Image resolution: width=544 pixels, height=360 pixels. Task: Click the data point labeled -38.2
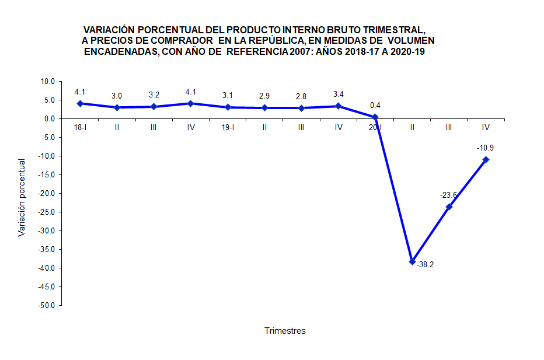coord(412,261)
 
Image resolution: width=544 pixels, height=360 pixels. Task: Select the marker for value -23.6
coord(449,207)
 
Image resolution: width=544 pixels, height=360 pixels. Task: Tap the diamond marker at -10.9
coord(486,159)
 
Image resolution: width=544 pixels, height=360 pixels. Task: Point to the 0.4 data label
coord(375,106)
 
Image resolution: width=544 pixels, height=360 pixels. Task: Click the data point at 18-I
coord(80,103)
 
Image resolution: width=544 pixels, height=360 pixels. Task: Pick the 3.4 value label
coord(339,95)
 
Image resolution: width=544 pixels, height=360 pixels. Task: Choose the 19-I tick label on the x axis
coord(228,127)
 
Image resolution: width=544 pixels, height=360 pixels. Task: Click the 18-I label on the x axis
coord(80,127)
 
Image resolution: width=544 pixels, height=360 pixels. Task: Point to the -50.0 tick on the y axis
coord(47,305)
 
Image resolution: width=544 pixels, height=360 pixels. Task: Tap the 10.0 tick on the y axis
coord(48,82)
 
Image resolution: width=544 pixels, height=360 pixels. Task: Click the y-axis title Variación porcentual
coord(22,197)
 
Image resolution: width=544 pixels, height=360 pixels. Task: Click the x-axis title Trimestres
coord(285,331)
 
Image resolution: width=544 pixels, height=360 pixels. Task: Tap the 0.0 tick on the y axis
coord(50,119)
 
